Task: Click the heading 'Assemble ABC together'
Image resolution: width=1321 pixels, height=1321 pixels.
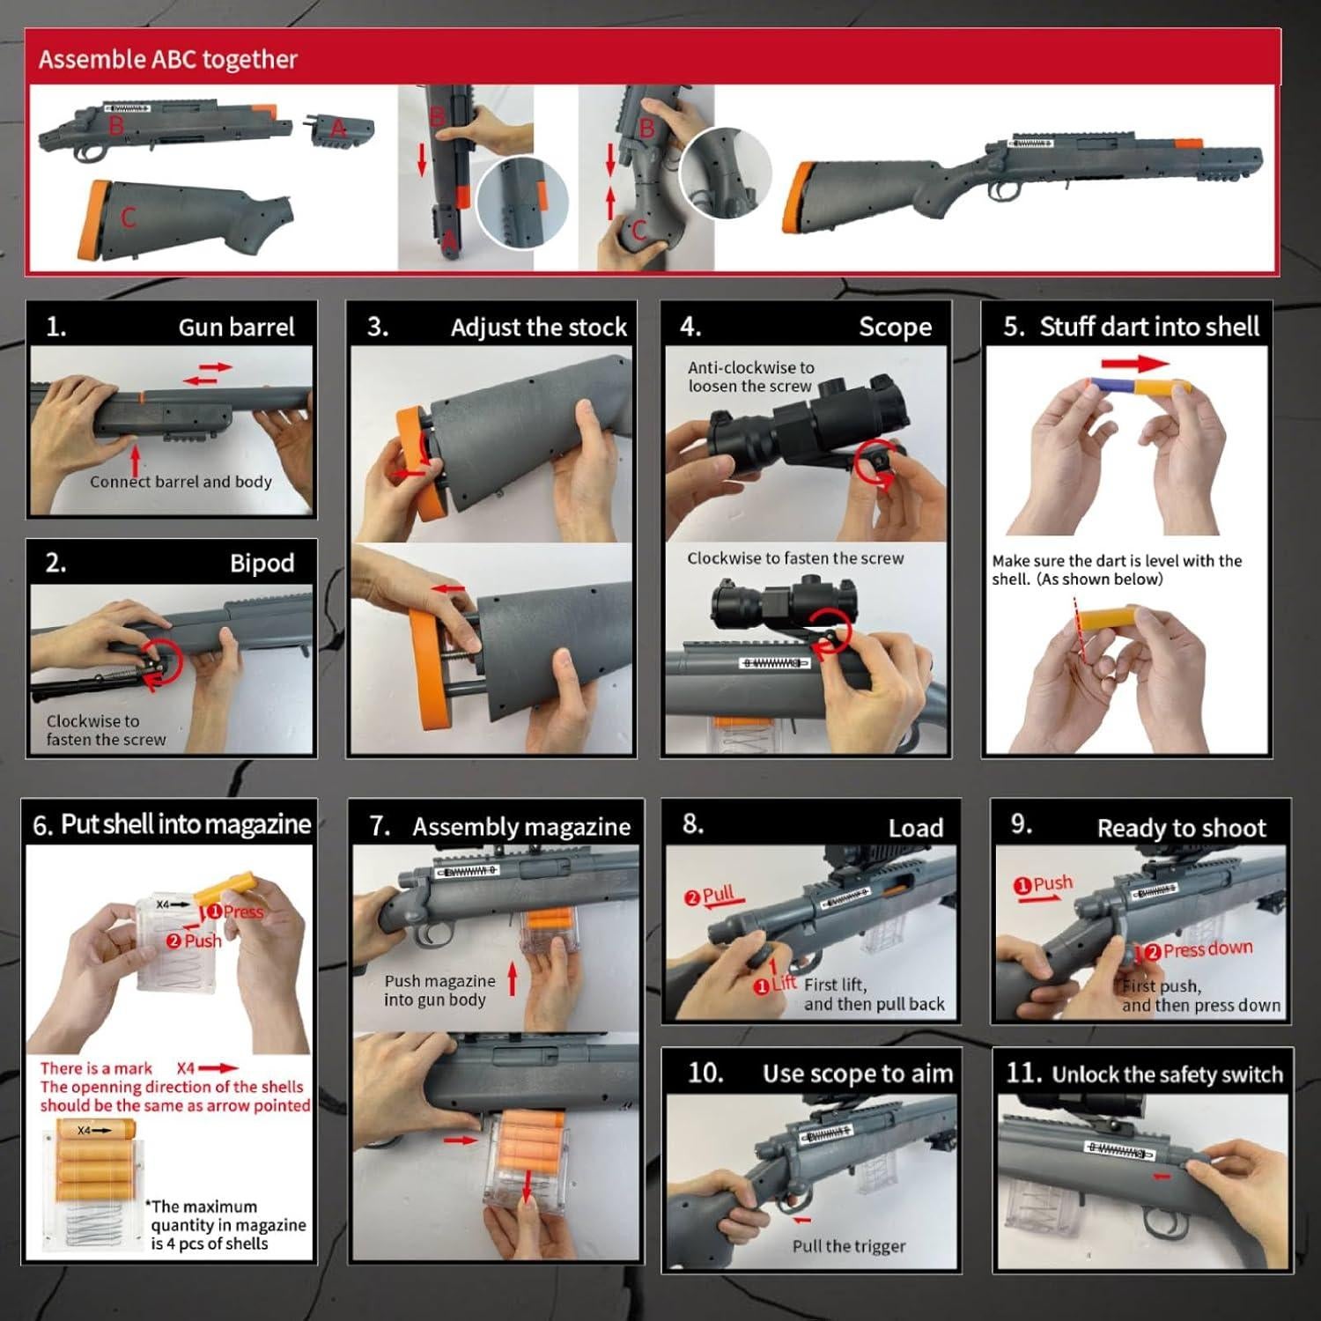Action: pyautogui.click(x=168, y=59)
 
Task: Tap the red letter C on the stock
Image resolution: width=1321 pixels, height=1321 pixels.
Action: pyautogui.click(x=129, y=218)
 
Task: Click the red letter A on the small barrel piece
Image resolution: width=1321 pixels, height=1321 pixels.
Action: pyautogui.click(x=339, y=129)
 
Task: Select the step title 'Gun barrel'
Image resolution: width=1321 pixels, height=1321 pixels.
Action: pyautogui.click(x=236, y=328)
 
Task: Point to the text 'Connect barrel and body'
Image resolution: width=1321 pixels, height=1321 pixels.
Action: pyautogui.click(x=181, y=482)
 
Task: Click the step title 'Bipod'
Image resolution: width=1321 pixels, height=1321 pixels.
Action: pyautogui.click(x=262, y=564)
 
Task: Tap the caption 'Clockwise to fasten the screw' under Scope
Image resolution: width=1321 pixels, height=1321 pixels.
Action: pyautogui.click(x=795, y=558)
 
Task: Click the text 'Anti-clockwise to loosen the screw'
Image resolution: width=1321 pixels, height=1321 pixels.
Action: pyautogui.click(x=750, y=377)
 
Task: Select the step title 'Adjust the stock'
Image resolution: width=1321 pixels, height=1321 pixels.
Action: pyautogui.click(x=538, y=328)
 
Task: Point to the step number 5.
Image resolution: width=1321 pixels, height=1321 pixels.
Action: pyautogui.click(x=1014, y=327)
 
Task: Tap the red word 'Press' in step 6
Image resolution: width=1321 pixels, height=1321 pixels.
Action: pyautogui.click(x=242, y=911)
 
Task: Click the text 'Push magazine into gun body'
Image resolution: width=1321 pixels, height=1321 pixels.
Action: pyautogui.click(x=439, y=990)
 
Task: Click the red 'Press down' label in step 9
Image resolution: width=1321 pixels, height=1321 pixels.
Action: pyautogui.click(x=1206, y=949)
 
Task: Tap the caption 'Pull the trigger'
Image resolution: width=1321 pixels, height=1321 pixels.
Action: pyautogui.click(x=848, y=1246)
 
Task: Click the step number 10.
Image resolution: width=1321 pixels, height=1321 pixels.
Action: pyautogui.click(x=705, y=1073)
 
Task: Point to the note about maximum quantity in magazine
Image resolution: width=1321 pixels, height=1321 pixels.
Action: pyautogui.click(x=227, y=1225)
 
